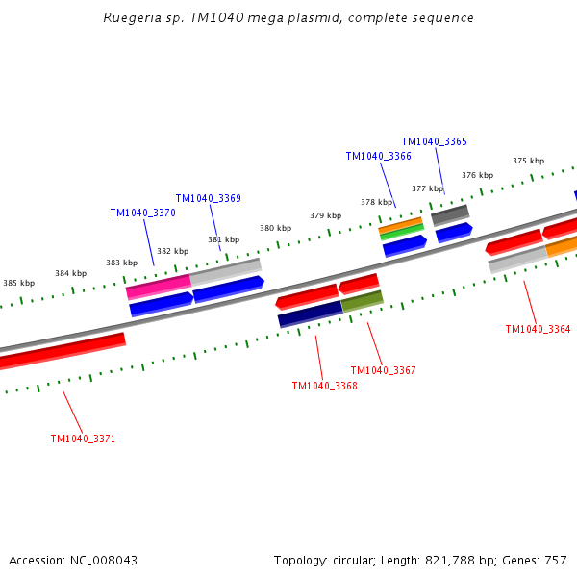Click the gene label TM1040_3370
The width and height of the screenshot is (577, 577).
coord(142,213)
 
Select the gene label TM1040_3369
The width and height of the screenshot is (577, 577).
coord(208,198)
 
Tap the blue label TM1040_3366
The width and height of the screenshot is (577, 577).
coord(378,156)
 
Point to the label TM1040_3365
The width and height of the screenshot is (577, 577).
coord(434,141)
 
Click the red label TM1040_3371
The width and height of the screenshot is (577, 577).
coord(83,439)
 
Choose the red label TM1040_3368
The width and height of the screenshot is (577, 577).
coord(324,386)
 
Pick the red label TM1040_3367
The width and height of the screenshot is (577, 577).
coord(383,370)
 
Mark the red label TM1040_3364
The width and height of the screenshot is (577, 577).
coord(538,329)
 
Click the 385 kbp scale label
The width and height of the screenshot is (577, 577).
coord(19,283)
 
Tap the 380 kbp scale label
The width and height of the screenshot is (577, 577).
coord(275,228)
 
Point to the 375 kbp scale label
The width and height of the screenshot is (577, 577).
coord(528,161)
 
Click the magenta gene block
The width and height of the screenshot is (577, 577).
coord(158,287)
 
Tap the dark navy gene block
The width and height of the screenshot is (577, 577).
coord(310,314)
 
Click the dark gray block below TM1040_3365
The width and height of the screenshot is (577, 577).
coord(449,215)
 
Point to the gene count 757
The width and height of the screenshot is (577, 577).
coord(555,560)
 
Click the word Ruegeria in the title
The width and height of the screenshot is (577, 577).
coord(132,17)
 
